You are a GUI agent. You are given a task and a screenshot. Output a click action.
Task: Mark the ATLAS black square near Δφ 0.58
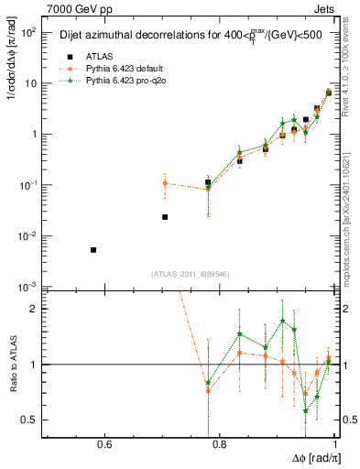coord(93,250)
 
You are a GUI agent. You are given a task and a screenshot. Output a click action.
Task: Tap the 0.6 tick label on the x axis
coord(104,446)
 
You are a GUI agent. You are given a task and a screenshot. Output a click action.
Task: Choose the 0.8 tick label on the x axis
coord(220,446)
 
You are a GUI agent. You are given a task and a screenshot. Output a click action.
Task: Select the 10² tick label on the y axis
coord(27,32)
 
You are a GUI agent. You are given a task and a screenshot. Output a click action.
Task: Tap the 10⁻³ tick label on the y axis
coord(27,288)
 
